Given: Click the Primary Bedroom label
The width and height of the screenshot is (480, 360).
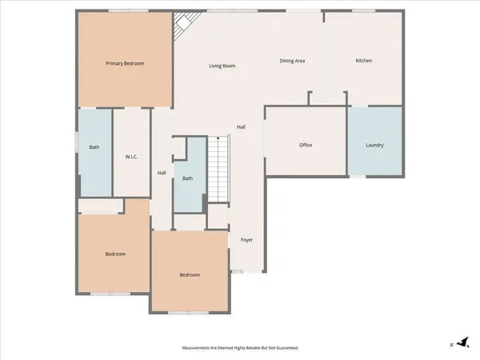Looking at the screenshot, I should click(x=125, y=62).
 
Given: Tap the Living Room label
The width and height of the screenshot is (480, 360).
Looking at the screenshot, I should click(x=222, y=66).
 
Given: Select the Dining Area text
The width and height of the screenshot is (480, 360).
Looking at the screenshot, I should click(x=292, y=61).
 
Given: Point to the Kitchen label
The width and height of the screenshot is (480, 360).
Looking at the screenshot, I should click(x=363, y=61).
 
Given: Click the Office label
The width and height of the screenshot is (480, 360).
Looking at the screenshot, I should click(x=306, y=145).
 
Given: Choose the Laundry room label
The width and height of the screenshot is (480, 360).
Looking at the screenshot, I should click(x=374, y=145).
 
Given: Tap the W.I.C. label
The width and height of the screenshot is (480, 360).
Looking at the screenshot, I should click(x=132, y=157).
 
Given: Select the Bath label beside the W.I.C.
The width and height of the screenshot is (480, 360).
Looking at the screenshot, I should click(x=94, y=147).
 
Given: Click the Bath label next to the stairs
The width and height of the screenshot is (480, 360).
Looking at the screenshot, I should click(x=187, y=178).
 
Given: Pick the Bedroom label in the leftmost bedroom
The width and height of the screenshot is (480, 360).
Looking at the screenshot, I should click(x=115, y=254).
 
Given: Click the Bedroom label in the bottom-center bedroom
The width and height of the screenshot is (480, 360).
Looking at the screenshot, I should click(x=190, y=275).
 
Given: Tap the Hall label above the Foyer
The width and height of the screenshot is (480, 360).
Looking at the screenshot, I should click(x=241, y=127).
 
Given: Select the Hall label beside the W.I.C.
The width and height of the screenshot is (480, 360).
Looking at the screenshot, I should click(x=162, y=173).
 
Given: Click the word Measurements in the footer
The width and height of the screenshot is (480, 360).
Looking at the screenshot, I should click(x=200, y=349).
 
